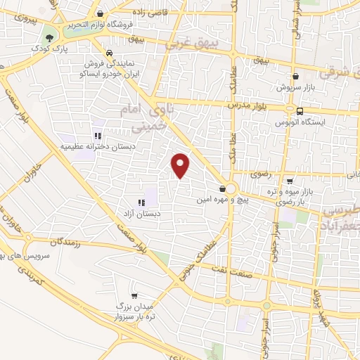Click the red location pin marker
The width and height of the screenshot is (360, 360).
[181, 166]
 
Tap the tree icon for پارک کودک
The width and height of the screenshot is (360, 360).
[49, 38]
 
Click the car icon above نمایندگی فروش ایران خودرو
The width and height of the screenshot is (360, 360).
[109, 53]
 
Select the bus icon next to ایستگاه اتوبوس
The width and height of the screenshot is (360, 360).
[300, 110]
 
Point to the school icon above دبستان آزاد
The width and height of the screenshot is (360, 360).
[149, 202]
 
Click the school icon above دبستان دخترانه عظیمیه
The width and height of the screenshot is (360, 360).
[97, 136]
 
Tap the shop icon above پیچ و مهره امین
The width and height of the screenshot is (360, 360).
[223, 188]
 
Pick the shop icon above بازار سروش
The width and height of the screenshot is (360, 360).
[295, 77]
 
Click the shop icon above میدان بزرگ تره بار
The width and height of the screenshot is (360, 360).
[134, 296]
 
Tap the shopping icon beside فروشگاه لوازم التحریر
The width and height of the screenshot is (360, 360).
[101, 13]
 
